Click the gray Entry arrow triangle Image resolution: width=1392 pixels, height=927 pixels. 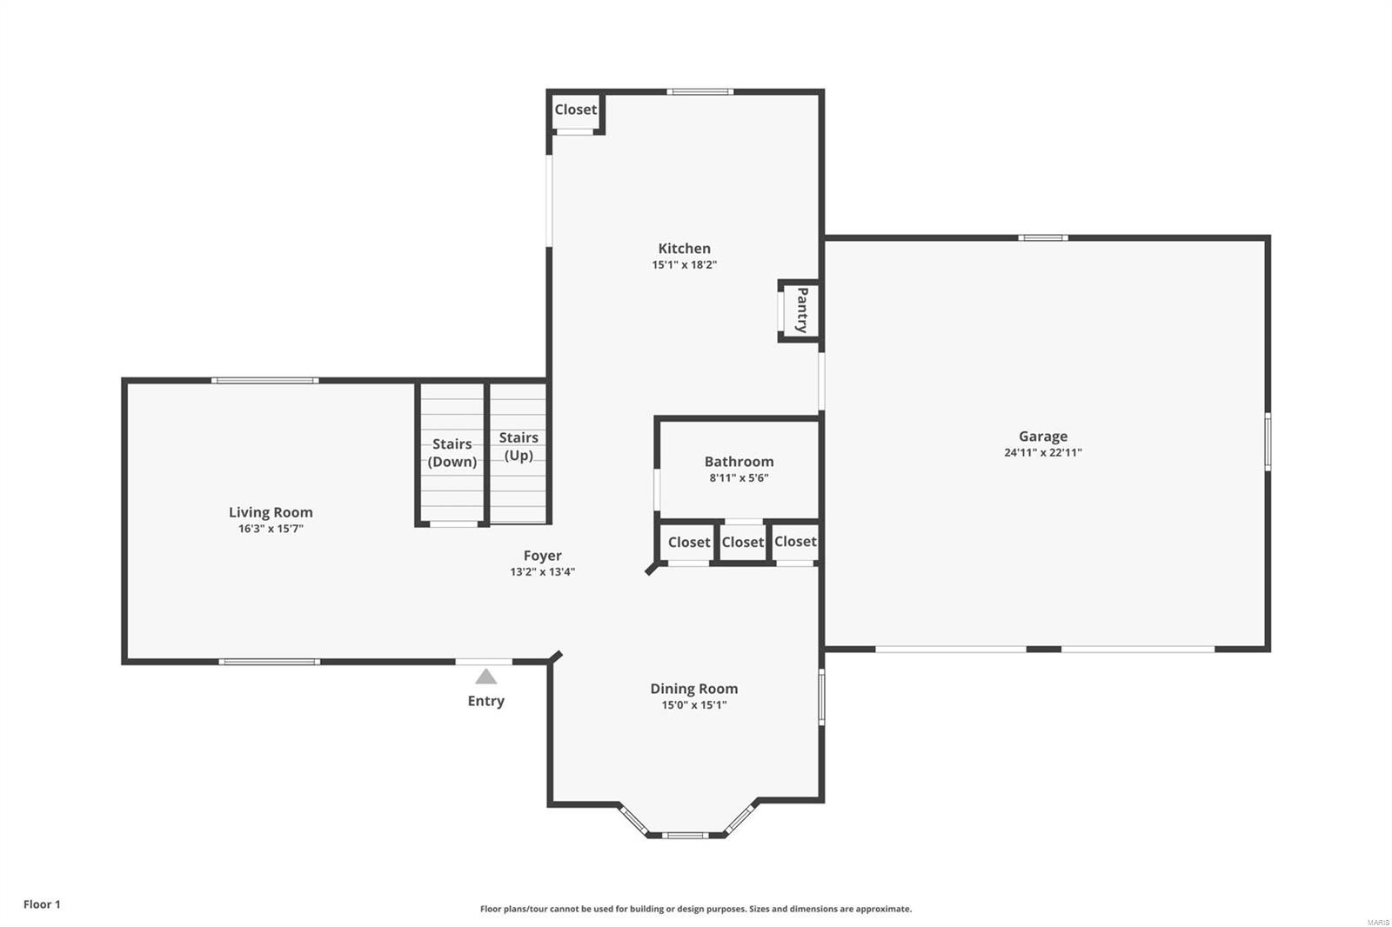pyautogui.click(x=485, y=677)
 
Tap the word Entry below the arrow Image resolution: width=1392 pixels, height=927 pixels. pyautogui.click(x=485, y=701)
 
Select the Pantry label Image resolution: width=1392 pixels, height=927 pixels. pyautogui.click(x=801, y=310)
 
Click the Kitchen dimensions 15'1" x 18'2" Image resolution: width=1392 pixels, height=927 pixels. pyautogui.click(x=684, y=265)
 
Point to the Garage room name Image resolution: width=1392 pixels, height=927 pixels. pyautogui.click(x=1042, y=437)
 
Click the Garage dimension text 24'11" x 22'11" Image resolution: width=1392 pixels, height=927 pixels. pyautogui.click(x=1042, y=453)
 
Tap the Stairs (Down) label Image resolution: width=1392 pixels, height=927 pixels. pyautogui.click(x=452, y=453)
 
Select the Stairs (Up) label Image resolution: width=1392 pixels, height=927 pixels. pyautogui.click(x=519, y=446)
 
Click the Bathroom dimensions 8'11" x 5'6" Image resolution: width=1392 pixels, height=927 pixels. pyautogui.click(x=738, y=478)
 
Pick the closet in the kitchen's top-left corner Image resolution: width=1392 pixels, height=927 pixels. pyautogui.click(x=575, y=110)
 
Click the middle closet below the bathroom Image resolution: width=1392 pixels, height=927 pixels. pyautogui.click(x=742, y=543)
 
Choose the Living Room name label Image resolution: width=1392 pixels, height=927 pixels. pyautogui.click(x=271, y=512)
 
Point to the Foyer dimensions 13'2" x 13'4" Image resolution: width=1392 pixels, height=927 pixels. pyautogui.click(x=542, y=572)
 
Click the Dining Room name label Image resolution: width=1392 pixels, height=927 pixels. pyautogui.click(x=693, y=689)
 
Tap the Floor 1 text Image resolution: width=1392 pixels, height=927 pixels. pyautogui.click(x=42, y=904)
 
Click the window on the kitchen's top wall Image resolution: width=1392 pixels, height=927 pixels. pyautogui.click(x=699, y=91)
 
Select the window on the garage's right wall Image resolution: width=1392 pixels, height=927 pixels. pyautogui.click(x=1268, y=442)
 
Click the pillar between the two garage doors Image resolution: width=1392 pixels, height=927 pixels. pyautogui.click(x=1044, y=649)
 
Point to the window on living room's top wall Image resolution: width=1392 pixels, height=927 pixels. pyautogui.click(x=264, y=380)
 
